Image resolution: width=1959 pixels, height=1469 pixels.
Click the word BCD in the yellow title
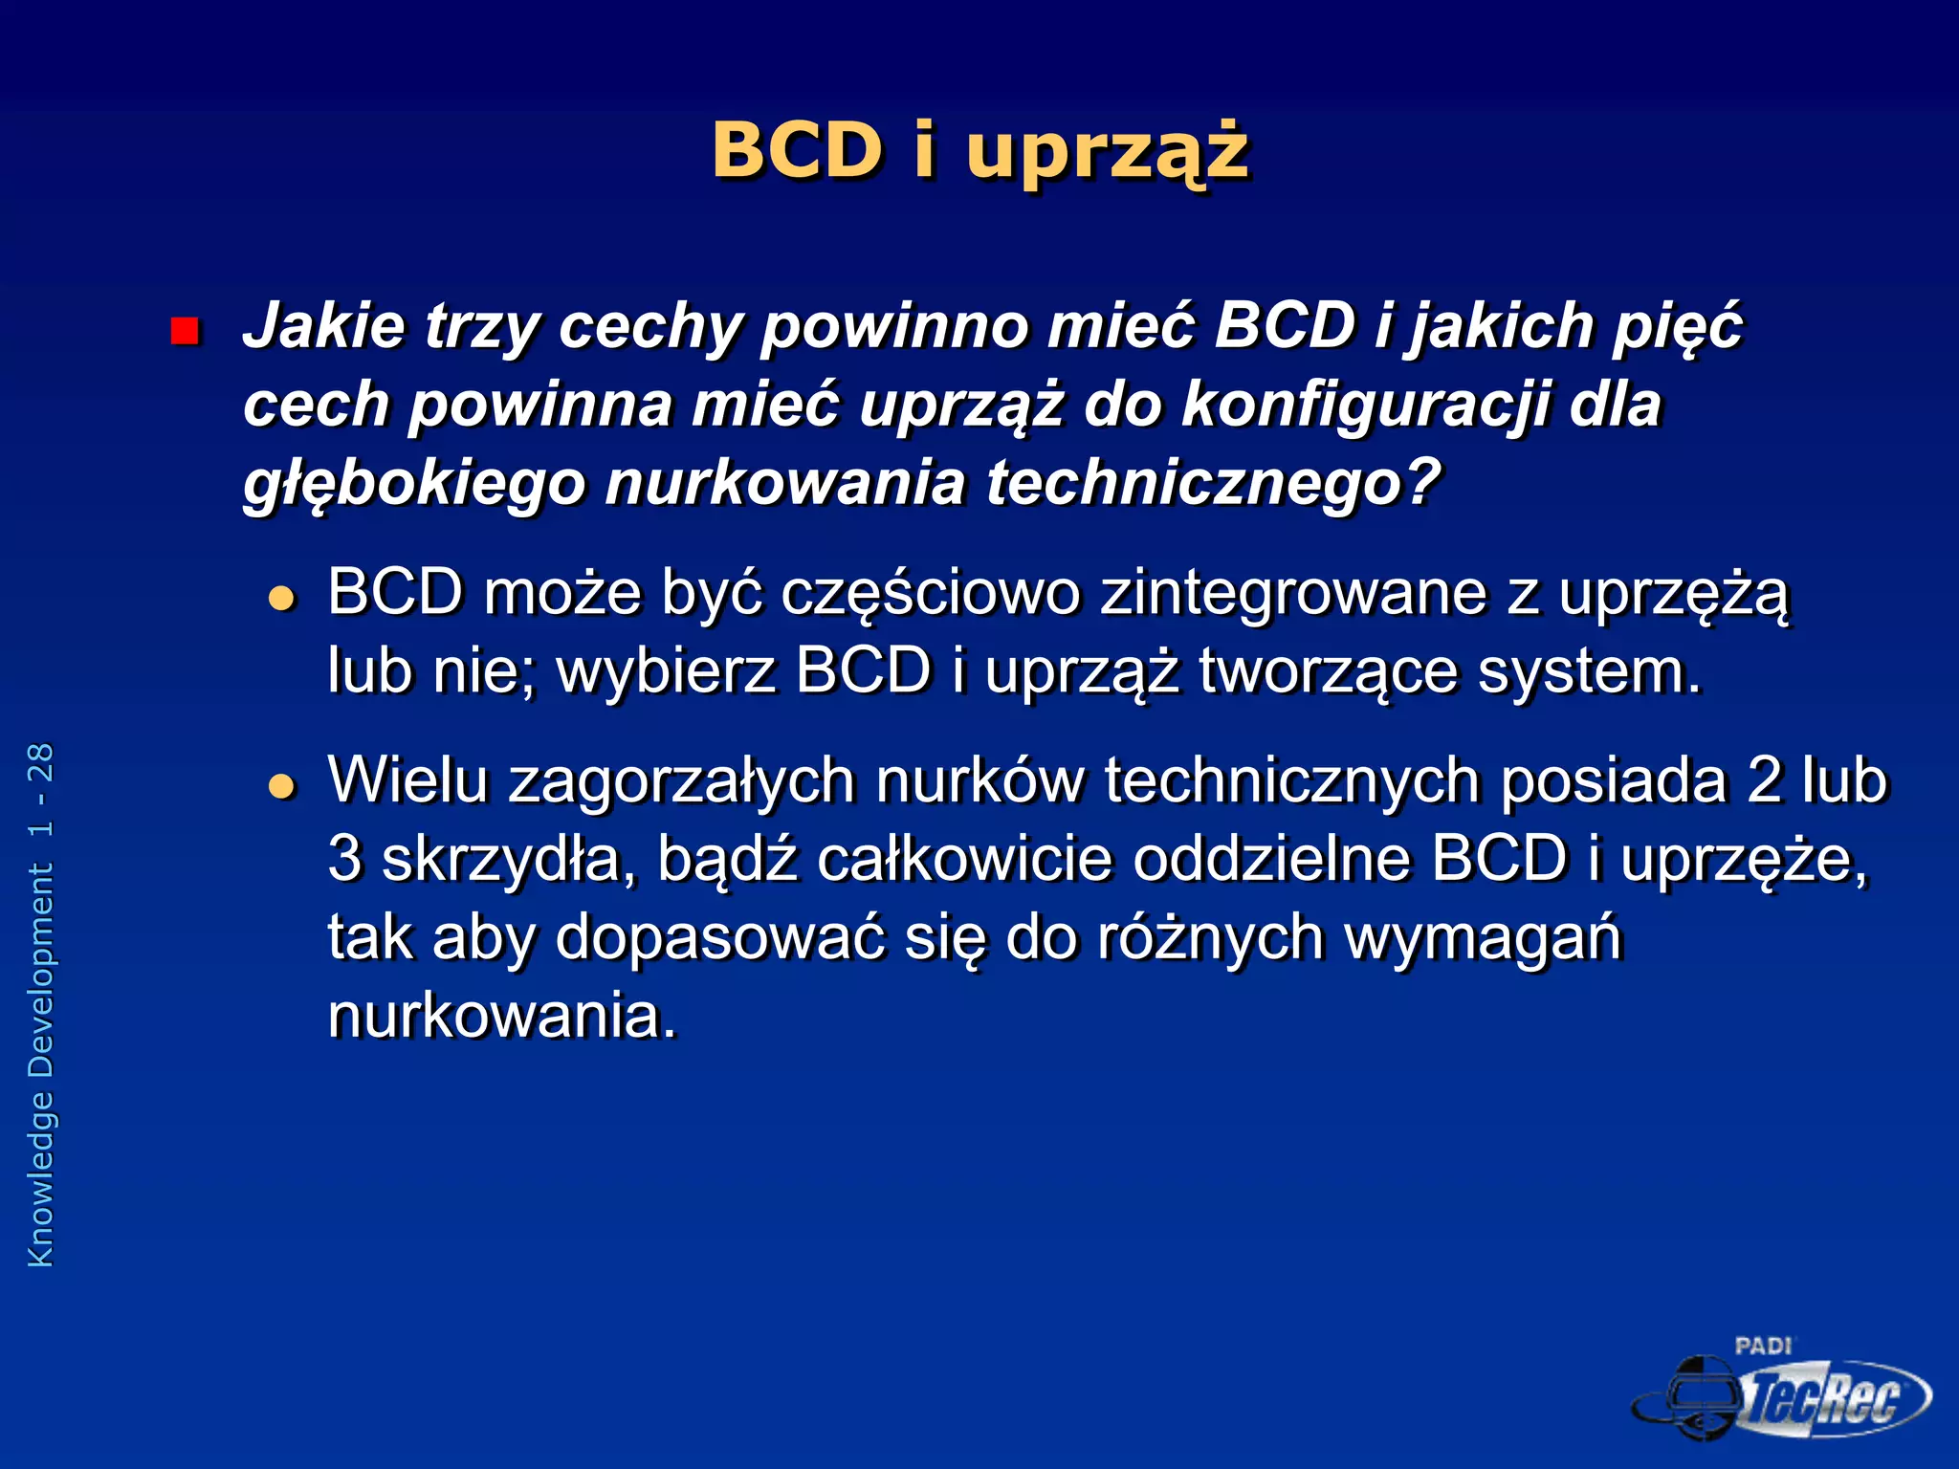pyautogui.click(x=796, y=151)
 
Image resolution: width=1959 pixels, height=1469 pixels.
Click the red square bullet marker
pyautogui.click(x=184, y=331)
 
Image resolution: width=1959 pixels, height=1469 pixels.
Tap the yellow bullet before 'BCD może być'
pyautogui.click(x=282, y=599)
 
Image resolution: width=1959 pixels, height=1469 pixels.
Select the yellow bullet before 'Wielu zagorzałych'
pyautogui.click(x=282, y=786)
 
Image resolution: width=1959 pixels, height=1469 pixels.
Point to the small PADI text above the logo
pyautogui.click(x=1762, y=1346)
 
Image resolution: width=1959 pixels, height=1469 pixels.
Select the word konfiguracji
pyautogui.click(x=1365, y=406)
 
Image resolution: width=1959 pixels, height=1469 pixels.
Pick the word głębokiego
pyautogui.click(x=413, y=484)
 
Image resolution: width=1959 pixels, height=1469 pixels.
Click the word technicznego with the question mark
pyautogui.click(x=1213, y=482)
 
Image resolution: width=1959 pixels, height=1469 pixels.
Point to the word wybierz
pyautogui.click(x=666, y=671)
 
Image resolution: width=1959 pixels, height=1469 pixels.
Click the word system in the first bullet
pyautogui.click(x=1590, y=671)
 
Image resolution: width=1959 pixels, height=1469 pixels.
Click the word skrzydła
pyautogui.click(x=508, y=860)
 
